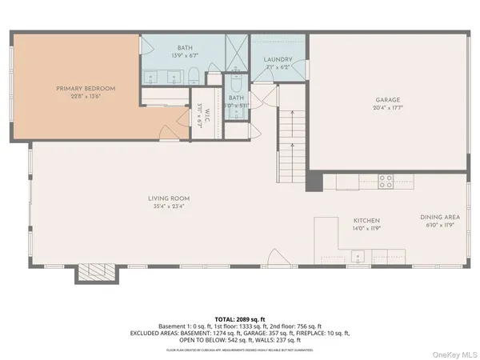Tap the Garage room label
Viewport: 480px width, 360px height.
click(x=387, y=101)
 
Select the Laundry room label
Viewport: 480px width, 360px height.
click(x=278, y=59)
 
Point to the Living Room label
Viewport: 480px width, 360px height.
click(x=168, y=198)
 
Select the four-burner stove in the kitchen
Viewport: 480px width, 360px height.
click(x=386, y=181)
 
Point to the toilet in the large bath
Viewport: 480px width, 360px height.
click(x=193, y=76)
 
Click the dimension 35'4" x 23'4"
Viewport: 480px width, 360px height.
click(x=168, y=206)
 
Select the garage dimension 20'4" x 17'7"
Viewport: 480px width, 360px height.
click(x=387, y=109)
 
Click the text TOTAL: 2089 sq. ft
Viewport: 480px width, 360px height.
click(x=240, y=318)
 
